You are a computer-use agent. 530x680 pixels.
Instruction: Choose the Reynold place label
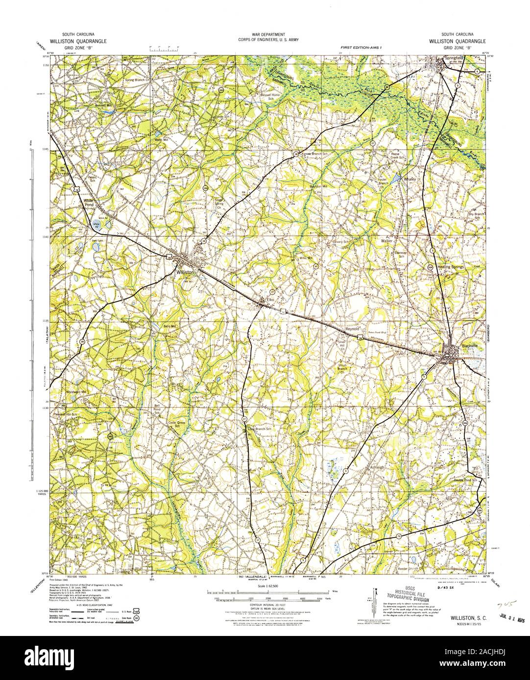[352, 329]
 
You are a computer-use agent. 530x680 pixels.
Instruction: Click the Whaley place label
[410, 180]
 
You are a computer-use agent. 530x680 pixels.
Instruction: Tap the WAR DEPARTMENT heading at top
[265, 34]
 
